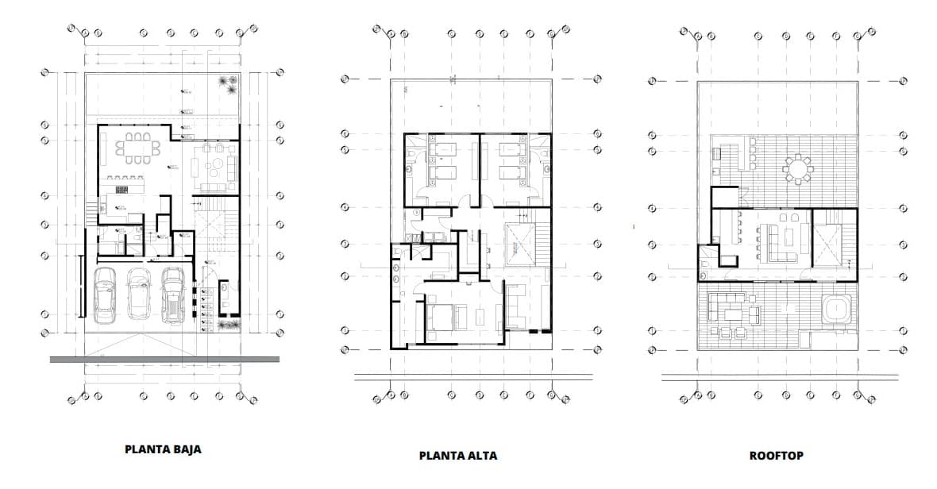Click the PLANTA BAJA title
(x=163, y=449)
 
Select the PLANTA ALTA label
(x=458, y=456)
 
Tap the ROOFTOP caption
(x=776, y=456)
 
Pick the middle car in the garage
(x=139, y=292)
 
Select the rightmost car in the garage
(x=173, y=294)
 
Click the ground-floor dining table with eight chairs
(x=137, y=148)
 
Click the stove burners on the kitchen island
(x=122, y=190)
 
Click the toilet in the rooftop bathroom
(x=707, y=263)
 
